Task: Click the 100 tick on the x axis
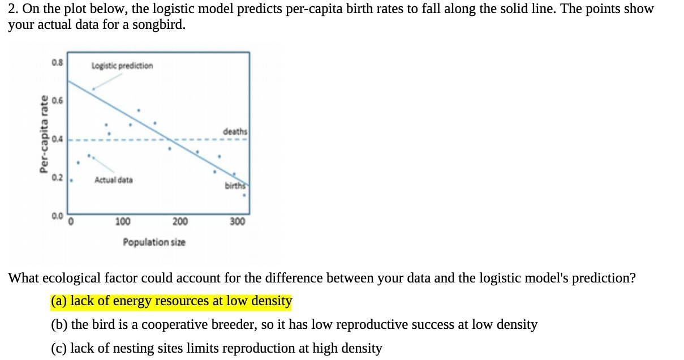pyautogui.click(x=123, y=222)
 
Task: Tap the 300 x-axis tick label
pyautogui.click(x=238, y=222)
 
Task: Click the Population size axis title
pyautogui.click(x=154, y=242)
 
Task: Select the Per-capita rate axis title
pyautogui.click(x=42, y=134)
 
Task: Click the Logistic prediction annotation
pyautogui.click(x=122, y=66)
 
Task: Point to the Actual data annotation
pyautogui.click(x=114, y=180)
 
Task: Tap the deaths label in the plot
pyautogui.click(x=235, y=131)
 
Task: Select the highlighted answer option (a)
pyautogui.click(x=171, y=301)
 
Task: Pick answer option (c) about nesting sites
pyautogui.click(x=216, y=349)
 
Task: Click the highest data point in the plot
pyautogui.click(x=139, y=110)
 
